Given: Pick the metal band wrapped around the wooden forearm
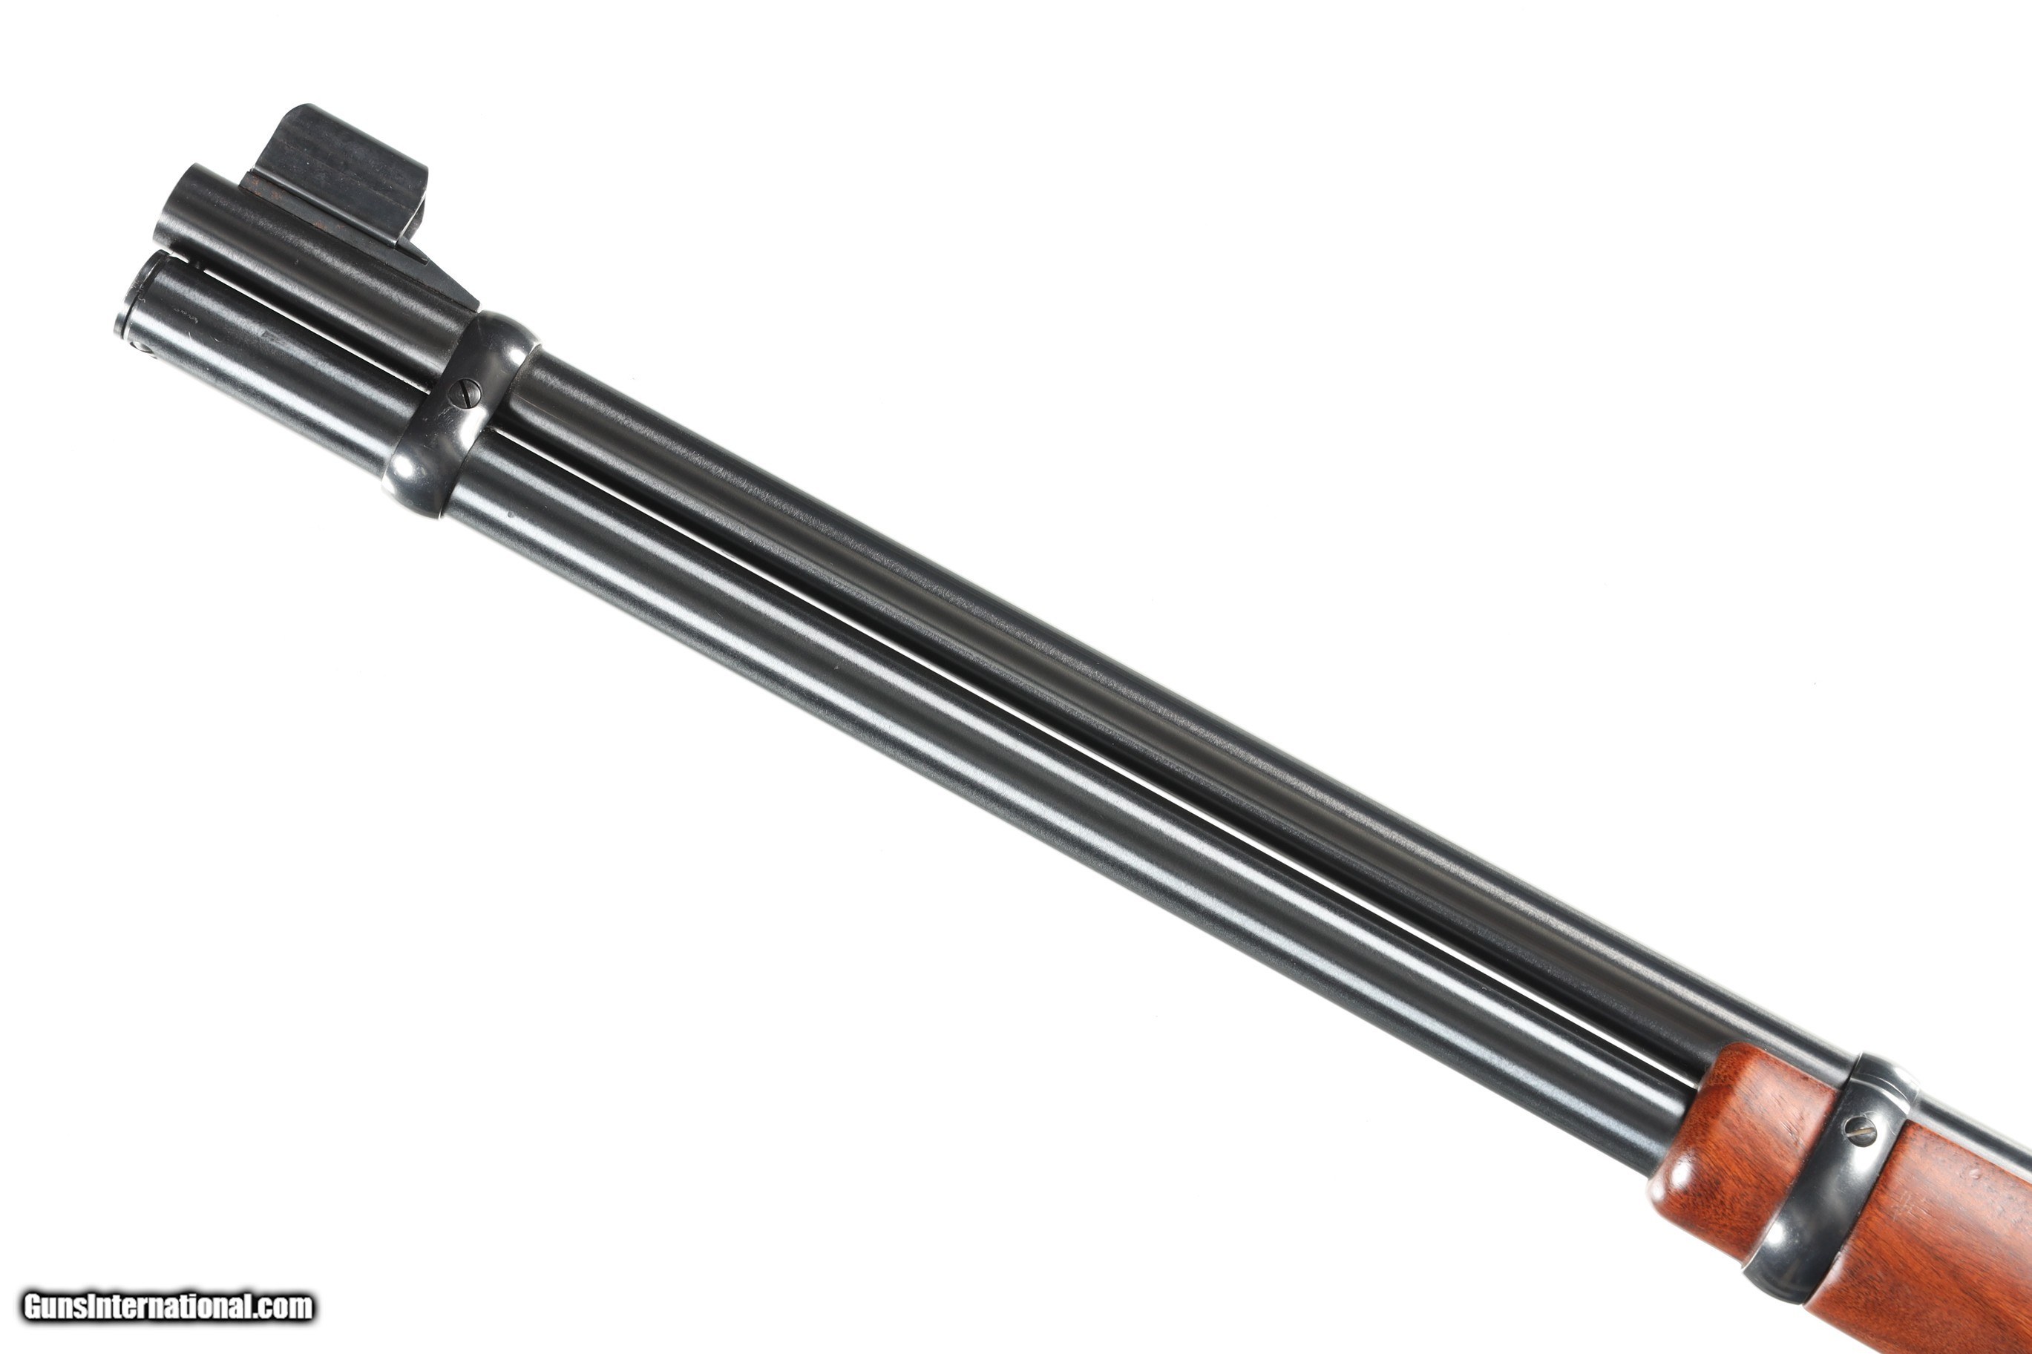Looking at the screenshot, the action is [1814, 1183].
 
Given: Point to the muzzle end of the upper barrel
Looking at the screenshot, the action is [177, 207].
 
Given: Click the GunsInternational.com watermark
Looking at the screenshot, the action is [168, 1306].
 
